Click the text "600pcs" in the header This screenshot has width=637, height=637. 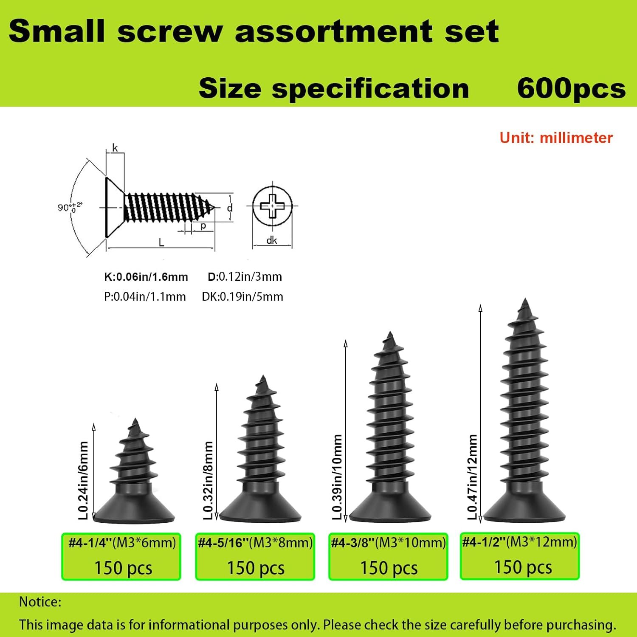click(x=571, y=89)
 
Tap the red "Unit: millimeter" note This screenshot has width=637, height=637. click(x=556, y=138)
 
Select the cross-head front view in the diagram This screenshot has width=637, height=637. click(x=272, y=206)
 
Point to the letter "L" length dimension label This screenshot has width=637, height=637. click(x=161, y=242)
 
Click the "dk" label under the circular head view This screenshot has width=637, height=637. click(x=272, y=240)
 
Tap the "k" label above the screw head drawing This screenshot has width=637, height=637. click(x=115, y=148)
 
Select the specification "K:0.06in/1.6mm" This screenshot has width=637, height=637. click(x=146, y=277)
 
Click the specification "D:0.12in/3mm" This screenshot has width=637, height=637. click(x=245, y=277)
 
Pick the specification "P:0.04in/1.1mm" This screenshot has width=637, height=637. click(x=145, y=296)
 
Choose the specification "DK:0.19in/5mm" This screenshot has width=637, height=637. click(x=242, y=296)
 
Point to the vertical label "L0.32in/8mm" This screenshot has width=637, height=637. click(x=208, y=480)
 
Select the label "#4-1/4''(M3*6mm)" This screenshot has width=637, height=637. click(x=122, y=543)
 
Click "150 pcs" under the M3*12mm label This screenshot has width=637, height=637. click(x=523, y=567)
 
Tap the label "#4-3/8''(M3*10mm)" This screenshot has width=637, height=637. click(x=388, y=543)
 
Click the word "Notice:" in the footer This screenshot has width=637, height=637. click(x=40, y=602)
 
